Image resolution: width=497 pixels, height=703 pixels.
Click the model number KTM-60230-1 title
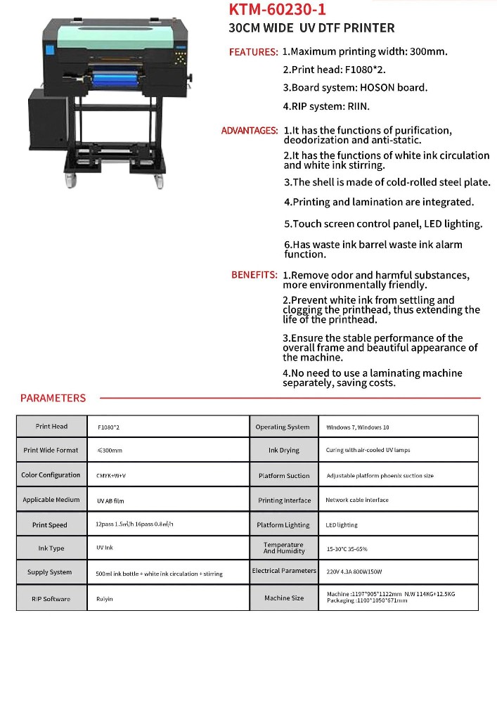point(277,10)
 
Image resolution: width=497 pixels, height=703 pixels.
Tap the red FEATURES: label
point(253,52)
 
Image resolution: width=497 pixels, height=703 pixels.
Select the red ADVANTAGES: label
point(250,131)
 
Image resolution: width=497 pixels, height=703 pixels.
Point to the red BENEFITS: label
point(254,275)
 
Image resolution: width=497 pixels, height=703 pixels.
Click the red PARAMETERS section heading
point(53,398)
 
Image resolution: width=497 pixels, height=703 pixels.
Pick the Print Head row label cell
point(51,427)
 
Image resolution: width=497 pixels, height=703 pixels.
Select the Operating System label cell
point(283,427)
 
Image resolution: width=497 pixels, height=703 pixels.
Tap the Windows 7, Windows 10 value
point(357,427)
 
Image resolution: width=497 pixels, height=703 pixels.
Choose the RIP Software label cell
point(51,599)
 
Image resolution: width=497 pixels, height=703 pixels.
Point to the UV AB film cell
point(110,501)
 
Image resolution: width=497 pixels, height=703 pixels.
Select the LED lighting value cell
point(342,525)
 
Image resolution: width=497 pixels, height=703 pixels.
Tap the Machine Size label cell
point(284,598)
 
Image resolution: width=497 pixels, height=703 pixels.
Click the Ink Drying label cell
point(283,451)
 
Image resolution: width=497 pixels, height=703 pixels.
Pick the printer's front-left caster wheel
point(72,182)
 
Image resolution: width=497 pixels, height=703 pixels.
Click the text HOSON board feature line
point(355,88)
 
